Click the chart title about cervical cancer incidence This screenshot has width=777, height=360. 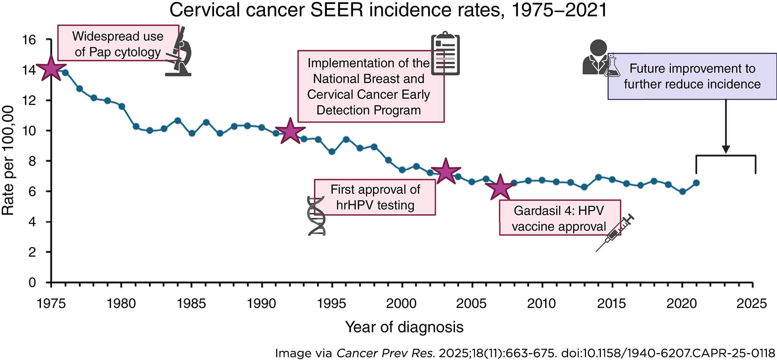[x=388, y=10]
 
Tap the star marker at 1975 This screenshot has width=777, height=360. [x=51, y=68]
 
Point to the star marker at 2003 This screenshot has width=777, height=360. [x=445, y=171]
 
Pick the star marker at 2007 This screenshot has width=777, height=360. [x=500, y=187]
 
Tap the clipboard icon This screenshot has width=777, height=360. [x=445, y=54]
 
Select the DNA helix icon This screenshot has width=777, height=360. [x=316, y=216]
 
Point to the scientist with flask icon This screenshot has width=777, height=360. [x=599, y=58]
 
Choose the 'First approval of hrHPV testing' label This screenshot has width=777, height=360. [x=375, y=197]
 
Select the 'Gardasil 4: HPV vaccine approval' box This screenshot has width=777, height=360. [x=559, y=218]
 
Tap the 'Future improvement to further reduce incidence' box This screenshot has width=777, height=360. [x=692, y=76]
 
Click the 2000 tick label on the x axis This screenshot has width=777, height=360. [x=401, y=303]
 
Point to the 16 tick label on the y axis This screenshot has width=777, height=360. [x=29, y=40]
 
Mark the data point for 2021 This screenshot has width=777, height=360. [x=696, y=183]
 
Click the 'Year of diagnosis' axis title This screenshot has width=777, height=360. [x=404, y=327]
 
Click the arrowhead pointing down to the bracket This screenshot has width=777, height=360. [x=726, y=149]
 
